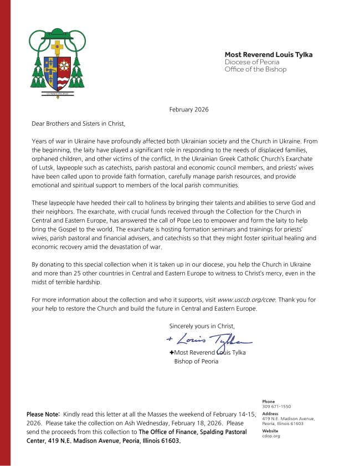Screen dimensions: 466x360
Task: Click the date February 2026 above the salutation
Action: click(x=189, y=110)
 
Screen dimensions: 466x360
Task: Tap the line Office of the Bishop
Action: click(x=255, y=69)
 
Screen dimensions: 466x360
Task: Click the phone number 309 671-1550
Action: click(x=276, y=407)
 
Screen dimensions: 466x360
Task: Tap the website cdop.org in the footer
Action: click(x=271, y=436)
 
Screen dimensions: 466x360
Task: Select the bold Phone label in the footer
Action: click(x=268, y=402)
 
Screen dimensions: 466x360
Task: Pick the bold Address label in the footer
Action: click(x=270, y=413)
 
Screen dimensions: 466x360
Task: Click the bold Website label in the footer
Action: click(x=270, y=431)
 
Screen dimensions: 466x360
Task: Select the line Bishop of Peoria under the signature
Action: click(x=196, y=362)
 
